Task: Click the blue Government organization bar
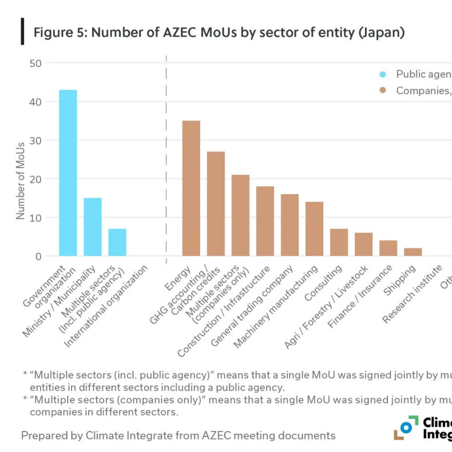[68, 173]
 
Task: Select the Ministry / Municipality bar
[93, 227]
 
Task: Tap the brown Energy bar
[191, 188]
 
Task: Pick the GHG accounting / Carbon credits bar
[216, 203]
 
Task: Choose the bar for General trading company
[290, 225]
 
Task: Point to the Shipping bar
[413, 252]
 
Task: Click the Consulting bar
[339, 242]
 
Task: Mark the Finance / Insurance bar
[388, 248]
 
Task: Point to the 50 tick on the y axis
[35, 63]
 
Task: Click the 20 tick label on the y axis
[35, 179]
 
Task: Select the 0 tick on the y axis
[38, 256]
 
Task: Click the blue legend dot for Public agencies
[383, 74]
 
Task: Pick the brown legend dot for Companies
[383, 90]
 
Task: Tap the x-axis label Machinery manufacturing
[276, 307]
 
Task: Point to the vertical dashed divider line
[166, 154]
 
